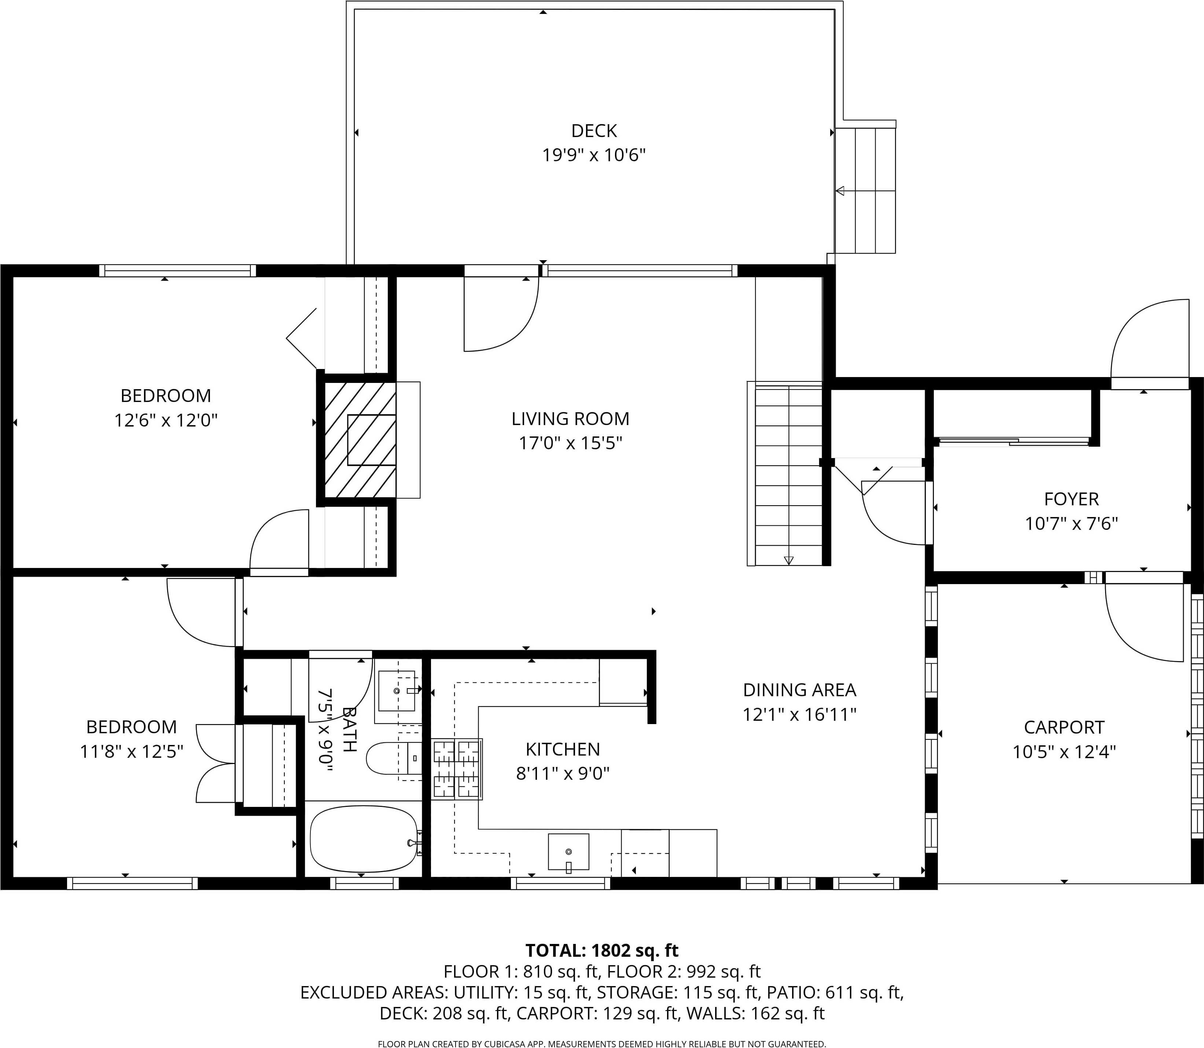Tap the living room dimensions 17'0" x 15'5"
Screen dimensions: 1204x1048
(570, 443)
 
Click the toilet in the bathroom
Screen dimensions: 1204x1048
(394, 759)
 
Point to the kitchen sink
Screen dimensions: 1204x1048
(568, 852)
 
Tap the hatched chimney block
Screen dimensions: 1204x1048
(360, 440)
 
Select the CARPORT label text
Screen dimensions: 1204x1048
(1064, 727)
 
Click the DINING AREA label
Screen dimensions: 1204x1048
(799, 690)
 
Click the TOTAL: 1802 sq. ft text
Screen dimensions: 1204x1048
(602, 950)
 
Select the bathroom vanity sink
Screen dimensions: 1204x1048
(397, 691)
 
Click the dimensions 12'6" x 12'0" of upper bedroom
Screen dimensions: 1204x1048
(166, 421)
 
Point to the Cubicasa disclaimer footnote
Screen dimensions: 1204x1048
(602, 1043)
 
